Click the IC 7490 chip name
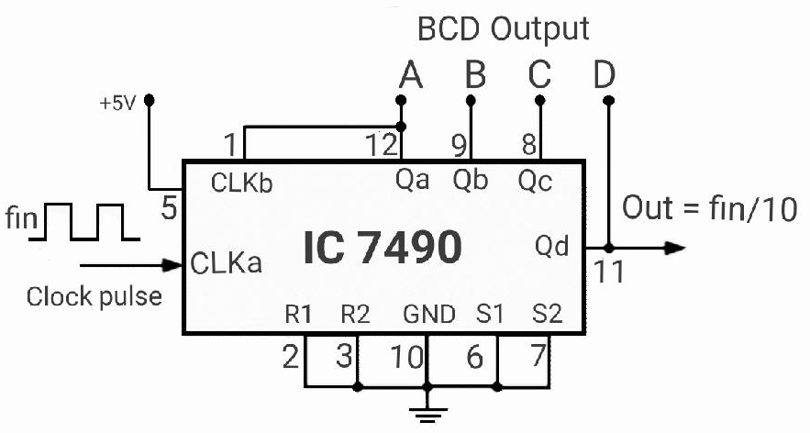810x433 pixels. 380,249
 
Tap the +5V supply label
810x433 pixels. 117,102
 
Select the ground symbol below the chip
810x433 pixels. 424,416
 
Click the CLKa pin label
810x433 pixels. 227,265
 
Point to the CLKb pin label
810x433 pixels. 240,183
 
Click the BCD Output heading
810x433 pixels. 502,30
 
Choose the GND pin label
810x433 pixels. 429,317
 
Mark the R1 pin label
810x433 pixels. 298,317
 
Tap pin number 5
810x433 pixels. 168,210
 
